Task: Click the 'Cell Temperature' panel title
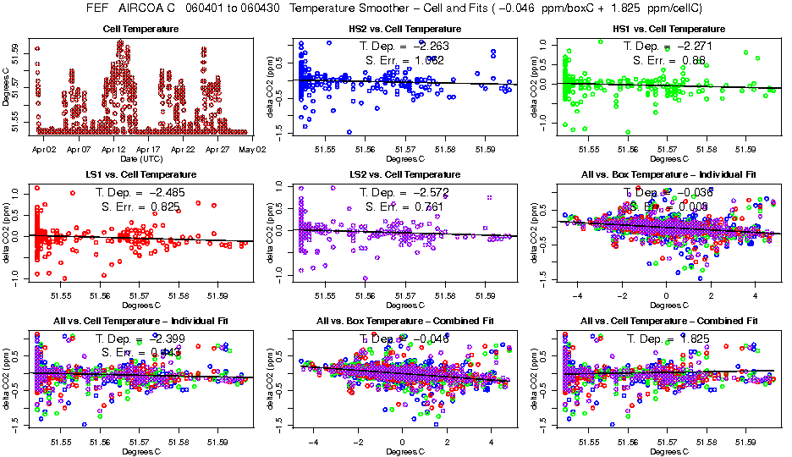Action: coord(140,30)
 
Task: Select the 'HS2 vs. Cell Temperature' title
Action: coord(404,30)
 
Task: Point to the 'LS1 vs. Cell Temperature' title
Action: coord(140,174)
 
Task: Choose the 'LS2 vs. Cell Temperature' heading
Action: coord(404,174)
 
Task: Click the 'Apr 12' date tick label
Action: coord(113,148)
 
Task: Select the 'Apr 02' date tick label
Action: coord(44,148)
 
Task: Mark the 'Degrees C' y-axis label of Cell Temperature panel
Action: coord(7,87)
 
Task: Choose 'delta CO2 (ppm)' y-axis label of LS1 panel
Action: coord(7,233)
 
